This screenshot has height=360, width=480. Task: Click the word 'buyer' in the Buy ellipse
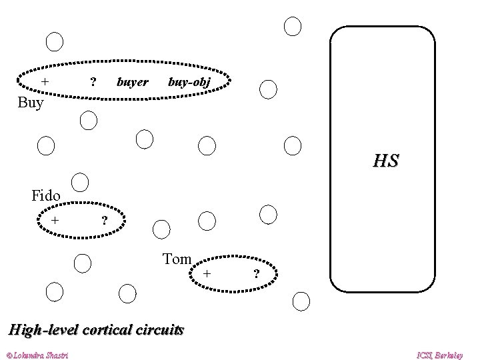(132, 82)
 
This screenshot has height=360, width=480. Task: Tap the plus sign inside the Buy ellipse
(45, 81)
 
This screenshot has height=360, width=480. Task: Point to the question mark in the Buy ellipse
(93, 82)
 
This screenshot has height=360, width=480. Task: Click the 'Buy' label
(31, 103)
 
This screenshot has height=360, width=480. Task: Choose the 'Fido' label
(46, 196)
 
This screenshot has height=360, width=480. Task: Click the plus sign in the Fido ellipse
(57, 219)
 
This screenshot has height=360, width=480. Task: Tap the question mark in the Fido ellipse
(103, 221)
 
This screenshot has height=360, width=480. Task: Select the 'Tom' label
(177, 259)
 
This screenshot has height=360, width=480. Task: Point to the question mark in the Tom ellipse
(255, 274)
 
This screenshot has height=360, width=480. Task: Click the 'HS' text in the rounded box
(386, 161)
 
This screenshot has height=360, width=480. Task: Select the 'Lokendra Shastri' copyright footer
(39, 353)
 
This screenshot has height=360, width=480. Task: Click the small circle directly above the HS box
(293, 26)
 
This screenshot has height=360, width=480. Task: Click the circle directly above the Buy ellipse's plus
(55, 41)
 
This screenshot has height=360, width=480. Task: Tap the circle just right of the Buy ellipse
(268, 89)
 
